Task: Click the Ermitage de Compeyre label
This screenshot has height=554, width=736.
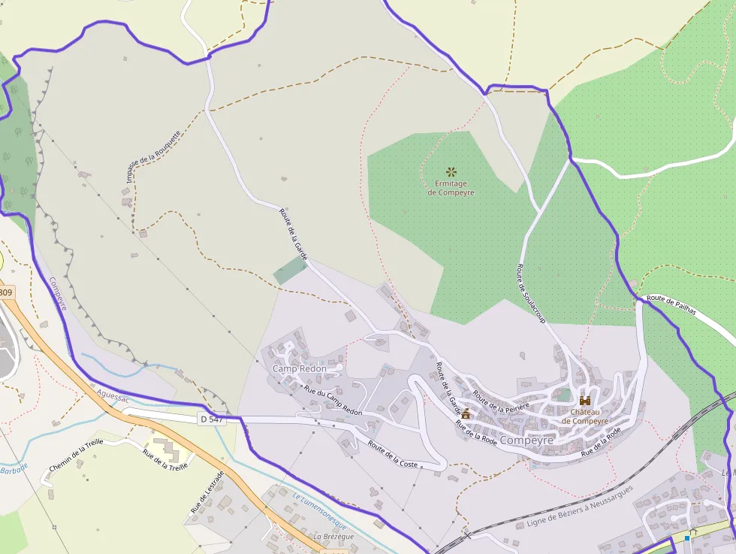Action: pyautogui.click(x=451, y=188)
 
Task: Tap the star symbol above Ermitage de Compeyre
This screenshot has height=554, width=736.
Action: pyautogui.click(x=451, y=172)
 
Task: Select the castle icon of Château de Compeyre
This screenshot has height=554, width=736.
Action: pyautogui.click(x=584, y=401)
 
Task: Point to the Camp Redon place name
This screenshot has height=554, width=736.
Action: pyautogui.click(x=299, y=368)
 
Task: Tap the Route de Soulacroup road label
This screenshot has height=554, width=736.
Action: pyautogui.click(x=530, y=294)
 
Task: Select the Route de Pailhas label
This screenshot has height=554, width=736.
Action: pyautogui.click(x=673, y=304)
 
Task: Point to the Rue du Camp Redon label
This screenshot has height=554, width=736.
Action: pyautogui.click(x=333, y=401)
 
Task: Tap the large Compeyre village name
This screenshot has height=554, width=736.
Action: pyautogui.click(x=526, y=440)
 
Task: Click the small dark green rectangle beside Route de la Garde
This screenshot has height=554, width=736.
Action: pyautogui.click(x=291, y=270)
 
